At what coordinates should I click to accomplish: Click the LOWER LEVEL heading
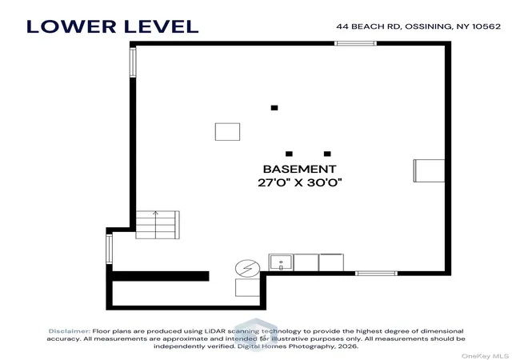coord(112,26)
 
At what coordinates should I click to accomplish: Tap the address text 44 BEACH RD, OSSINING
coord(394,26)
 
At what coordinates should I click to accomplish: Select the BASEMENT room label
coord(299,169)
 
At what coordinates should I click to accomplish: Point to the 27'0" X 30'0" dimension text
coord(299,182)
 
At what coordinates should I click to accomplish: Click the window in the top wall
coord(355,43)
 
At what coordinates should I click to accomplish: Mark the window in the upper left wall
coord(133,62)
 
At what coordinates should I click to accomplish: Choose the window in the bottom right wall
coord(377,273)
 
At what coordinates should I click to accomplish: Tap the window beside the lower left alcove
coord(109,249)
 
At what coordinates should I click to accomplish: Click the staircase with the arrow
coord(158,225)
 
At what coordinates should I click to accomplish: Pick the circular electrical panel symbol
coord(247,268)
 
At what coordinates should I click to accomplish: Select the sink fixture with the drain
coord(281,262)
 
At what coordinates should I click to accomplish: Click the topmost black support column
coord(274,108)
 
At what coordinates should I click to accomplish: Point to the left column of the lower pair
coord(289,154)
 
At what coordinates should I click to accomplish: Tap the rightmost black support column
coord(327,154)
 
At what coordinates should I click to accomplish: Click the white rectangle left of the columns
coord(227,132)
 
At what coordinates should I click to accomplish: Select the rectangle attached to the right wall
coord(429,170)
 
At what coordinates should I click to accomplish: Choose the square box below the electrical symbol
coord(247,287)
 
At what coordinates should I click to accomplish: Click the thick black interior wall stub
coord(161,276)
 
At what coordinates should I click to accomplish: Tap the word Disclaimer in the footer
coord(70,331)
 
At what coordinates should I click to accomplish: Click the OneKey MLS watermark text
coord(486,356)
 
